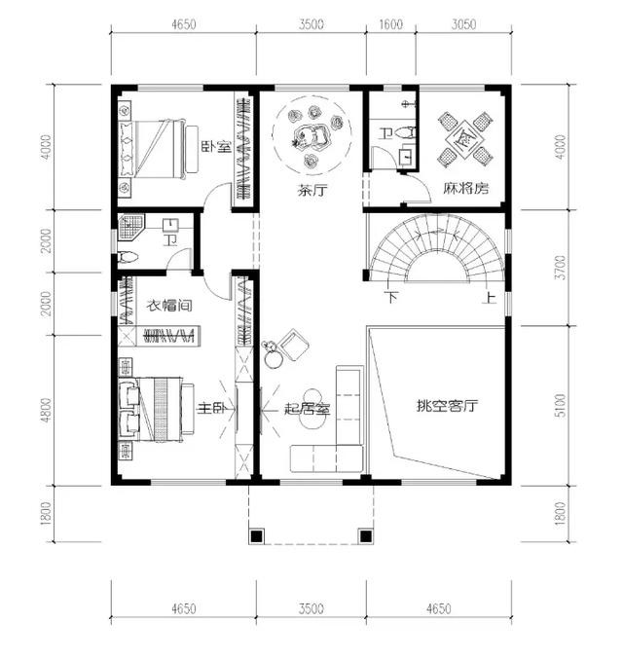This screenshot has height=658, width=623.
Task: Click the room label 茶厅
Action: coord(311,191)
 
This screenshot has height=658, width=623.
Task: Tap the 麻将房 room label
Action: coord(466,188)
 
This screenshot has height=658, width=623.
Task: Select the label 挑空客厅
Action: coord(447,406)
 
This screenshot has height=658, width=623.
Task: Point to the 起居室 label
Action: coord(307,408)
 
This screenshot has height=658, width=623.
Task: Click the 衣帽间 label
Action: coord(169,305)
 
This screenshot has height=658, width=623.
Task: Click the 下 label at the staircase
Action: coord(391,297)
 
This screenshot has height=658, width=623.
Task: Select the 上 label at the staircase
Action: coord(490,297)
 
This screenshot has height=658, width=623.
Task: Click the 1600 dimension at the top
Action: coord(391,24)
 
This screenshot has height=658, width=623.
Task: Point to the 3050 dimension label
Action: coord(463,24)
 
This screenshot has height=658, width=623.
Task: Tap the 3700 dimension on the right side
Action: coord(560,268)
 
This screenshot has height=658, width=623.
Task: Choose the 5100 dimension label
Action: coord(560,405)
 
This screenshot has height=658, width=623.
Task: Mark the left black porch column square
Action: coord(257,536)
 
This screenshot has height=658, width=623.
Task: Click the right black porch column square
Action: coord(366,536)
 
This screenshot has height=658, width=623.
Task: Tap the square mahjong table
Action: coord(464,138)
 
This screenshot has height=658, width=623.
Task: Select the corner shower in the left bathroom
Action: coord(131,227)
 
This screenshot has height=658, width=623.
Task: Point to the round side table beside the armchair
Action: coord(274,359)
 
